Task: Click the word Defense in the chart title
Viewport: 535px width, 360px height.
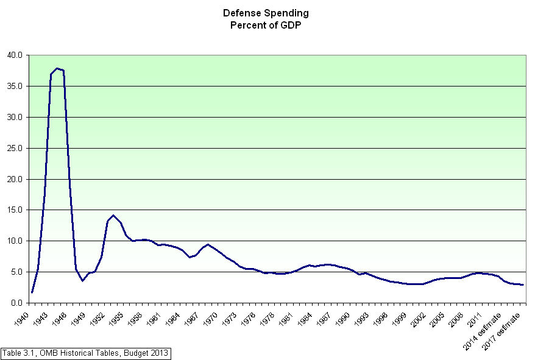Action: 243,13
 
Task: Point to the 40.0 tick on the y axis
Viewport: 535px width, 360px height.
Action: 15,55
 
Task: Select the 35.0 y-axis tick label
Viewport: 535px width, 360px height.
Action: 15,86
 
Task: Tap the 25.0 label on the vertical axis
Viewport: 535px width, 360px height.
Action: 15,148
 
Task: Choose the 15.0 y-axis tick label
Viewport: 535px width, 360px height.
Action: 15,210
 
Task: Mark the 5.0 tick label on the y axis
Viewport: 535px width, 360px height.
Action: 17,272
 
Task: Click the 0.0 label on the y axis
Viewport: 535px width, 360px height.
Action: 17,303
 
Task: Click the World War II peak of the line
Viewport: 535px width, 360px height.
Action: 57,68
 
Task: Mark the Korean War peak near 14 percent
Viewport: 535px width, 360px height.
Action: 113,215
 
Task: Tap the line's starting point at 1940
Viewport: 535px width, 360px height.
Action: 32,292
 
